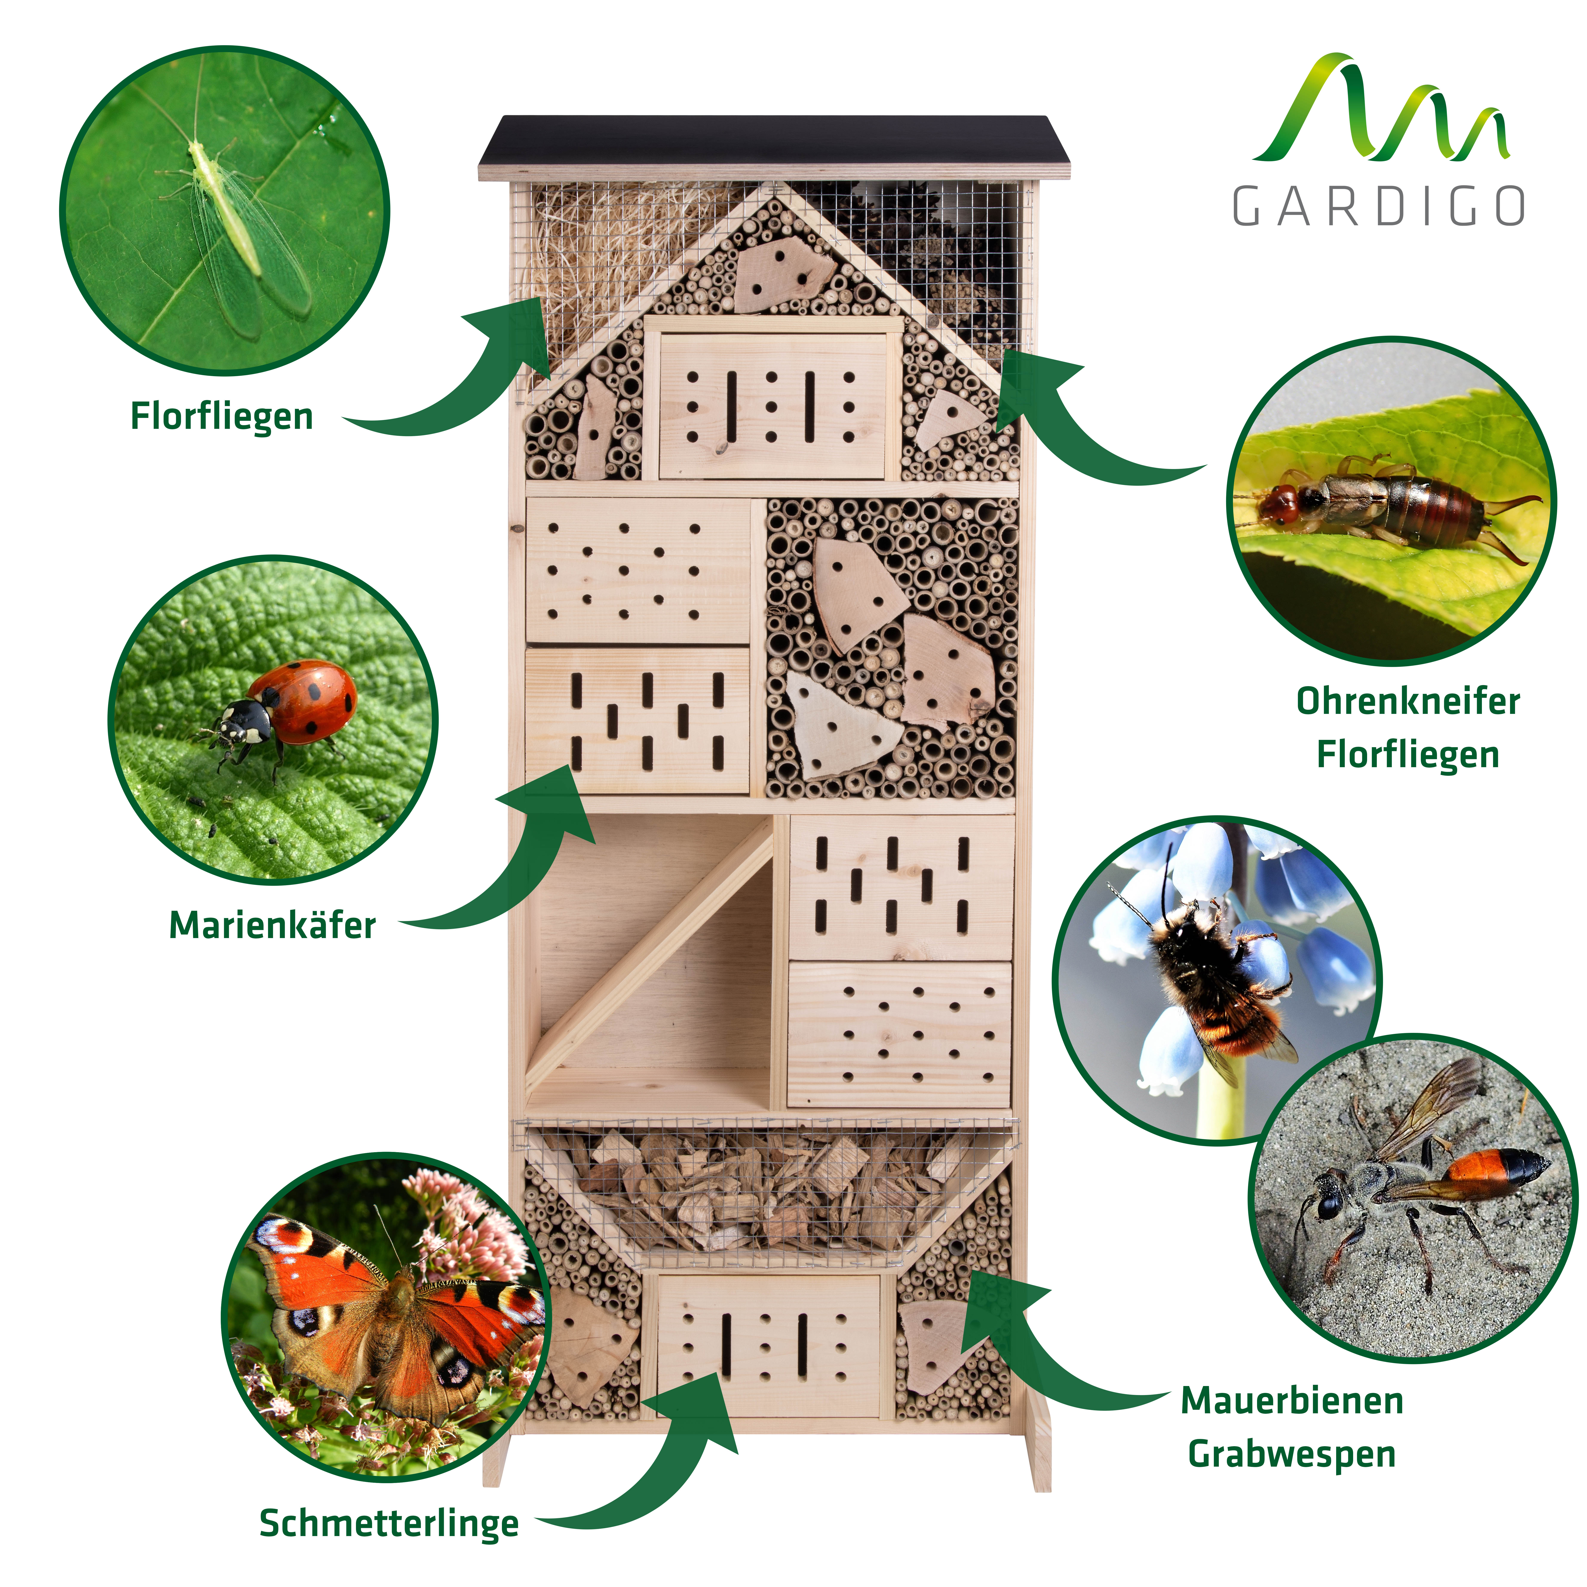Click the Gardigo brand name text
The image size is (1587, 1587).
[1378, 205]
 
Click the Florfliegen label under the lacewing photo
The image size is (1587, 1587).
[222, 416]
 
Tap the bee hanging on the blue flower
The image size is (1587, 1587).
[1216, 978]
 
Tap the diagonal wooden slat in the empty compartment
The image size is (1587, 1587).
[649, 953]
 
